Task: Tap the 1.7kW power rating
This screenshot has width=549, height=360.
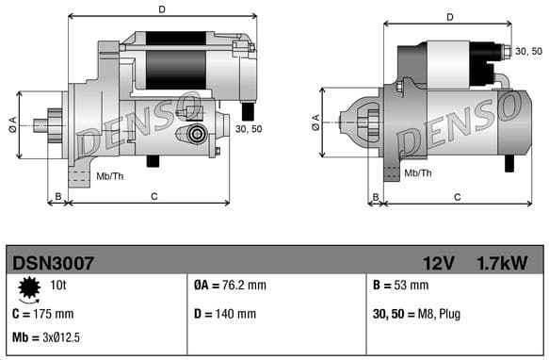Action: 502,262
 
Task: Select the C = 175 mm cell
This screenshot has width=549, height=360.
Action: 43,313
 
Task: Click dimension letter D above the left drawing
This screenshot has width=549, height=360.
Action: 162,10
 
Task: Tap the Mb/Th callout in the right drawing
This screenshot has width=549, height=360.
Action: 418,173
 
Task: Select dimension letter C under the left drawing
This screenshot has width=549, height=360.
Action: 153,195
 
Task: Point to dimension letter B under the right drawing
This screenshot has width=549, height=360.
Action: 374,196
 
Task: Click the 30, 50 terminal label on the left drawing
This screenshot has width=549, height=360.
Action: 249,129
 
